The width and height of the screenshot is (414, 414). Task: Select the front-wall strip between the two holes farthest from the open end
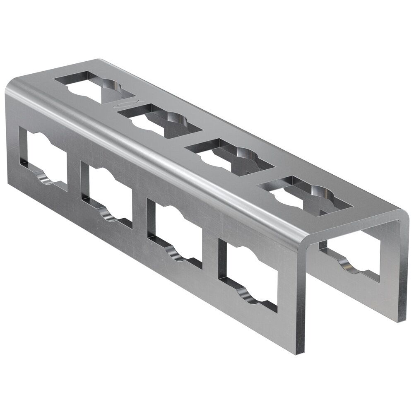[74, 178]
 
